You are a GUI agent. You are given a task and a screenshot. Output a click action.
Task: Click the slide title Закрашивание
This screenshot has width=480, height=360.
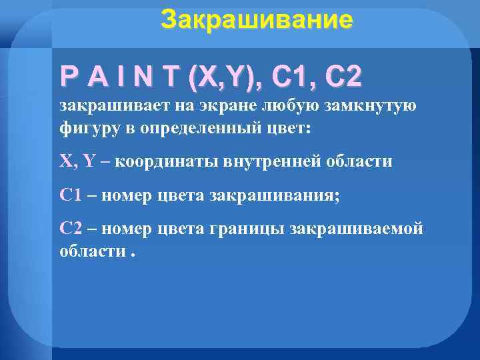(257, 20)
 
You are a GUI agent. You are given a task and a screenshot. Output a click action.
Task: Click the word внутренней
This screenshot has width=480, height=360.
(269, 161)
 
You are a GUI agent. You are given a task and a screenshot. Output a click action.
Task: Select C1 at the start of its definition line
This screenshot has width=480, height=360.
(70, 195)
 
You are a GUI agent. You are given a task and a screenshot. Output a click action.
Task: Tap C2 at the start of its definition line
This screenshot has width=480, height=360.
(70, 229)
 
